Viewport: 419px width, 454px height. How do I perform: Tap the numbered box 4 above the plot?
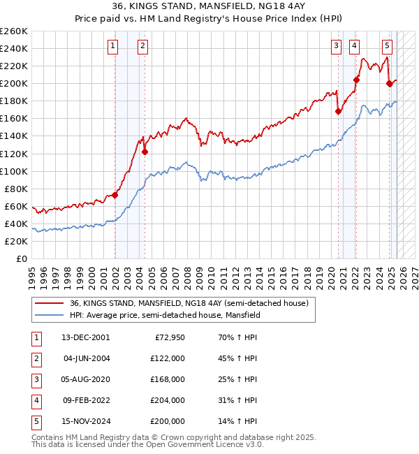[x=355, y=46]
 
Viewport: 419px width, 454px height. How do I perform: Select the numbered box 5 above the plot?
[x=387, y=46]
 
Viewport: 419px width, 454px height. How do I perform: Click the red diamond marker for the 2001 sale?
[x=115, y=195]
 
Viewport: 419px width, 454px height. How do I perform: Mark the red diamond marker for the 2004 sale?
[x=145, y=152]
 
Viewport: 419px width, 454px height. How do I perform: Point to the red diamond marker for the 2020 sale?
[x=338, y=111]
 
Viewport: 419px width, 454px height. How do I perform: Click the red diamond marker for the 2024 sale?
[x=389, y=83]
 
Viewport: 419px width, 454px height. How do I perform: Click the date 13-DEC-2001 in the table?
[x=85, y=337]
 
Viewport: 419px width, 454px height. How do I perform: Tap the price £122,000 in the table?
[x=168, y=358]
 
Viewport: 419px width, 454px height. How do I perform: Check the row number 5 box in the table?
[x=36, y=421]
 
